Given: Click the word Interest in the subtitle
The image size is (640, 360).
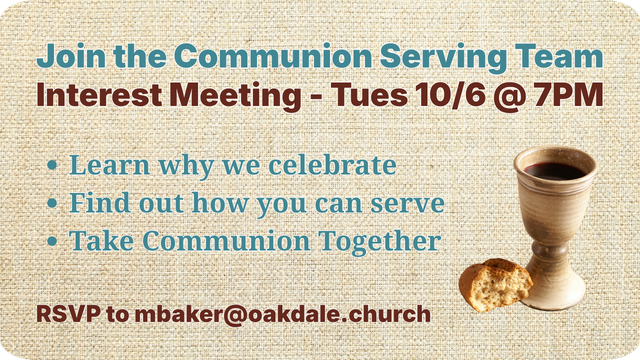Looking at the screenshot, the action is pos(99,95).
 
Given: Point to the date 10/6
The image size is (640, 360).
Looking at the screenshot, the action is pos(451,96).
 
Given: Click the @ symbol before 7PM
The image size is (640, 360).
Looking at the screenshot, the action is pos(509,97).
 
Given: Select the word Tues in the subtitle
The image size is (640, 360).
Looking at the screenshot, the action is pos(369,95).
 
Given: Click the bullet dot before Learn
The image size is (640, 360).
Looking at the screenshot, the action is pos(52,165).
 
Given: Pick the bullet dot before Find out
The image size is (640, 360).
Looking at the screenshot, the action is pos(52,203).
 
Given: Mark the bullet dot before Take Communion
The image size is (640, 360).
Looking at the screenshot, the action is pos(52,241).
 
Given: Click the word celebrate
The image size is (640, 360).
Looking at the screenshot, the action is pos(332,164).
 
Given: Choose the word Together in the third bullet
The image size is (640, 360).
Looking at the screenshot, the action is pos(380,241).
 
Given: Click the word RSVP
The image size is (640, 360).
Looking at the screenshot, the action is pos(69,314).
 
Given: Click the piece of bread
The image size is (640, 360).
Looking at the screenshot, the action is pos(495,284).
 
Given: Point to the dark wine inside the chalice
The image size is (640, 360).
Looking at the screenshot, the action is pos(555,171).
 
